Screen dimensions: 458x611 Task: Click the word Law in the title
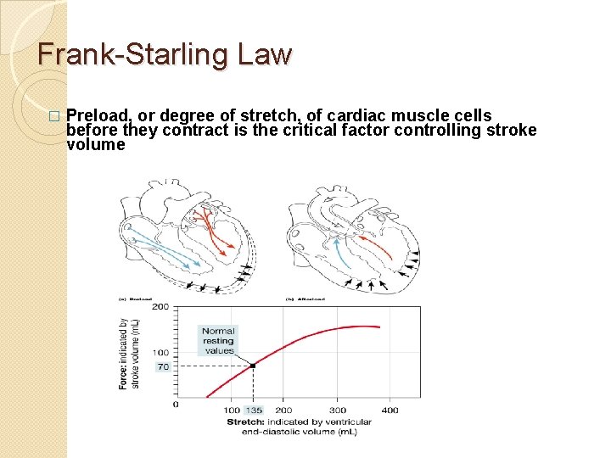pyautogui.click(x=266, y=56)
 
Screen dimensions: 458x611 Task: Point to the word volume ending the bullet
pyautogui.click(x=95, y=144)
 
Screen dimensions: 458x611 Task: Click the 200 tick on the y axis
pyautogui.click(x=160, y=307)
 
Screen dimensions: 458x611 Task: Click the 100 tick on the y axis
pyautogui.click(x=160, y=352)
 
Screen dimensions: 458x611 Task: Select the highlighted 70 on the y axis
pyautogui.click(x=163, y=366)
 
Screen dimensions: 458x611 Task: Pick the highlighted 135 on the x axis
pyautogui.click(x=253, y=411)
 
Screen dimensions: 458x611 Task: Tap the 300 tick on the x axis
pyautogui.click(x=337, y=411)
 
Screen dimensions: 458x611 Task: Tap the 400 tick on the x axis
pyautogui.click(x=390, y=411)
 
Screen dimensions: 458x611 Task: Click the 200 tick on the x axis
pyautogui.click(x=283, y=411)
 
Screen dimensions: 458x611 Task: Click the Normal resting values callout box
pyautogui.click(x=218, y=341)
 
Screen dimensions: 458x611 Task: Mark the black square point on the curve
pyautogui.click(x=253, y=366)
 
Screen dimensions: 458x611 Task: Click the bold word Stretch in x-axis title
pyautogui.click(x=245, y=422)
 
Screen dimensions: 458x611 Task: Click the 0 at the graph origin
pyautogui.click(x=176, y=404)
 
